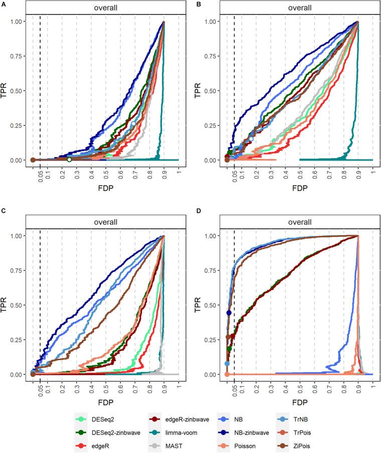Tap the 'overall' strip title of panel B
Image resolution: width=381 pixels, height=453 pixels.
(296, 8)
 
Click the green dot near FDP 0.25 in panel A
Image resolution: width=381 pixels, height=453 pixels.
(69, 160)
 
